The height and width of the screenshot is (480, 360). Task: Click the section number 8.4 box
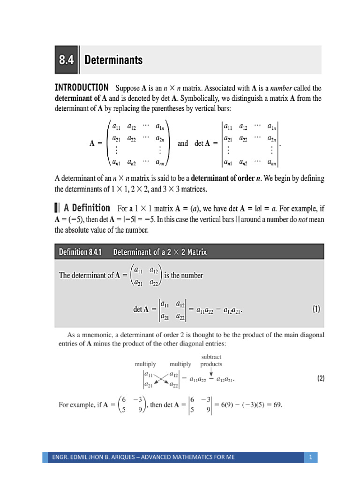tap(67, 60)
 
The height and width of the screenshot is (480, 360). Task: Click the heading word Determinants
tap(113, 60)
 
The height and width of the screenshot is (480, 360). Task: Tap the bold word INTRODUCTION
tap(82, 88)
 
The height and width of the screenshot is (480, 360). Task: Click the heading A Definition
tap(87, 208)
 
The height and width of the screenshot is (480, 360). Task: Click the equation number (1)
tap(316, 309)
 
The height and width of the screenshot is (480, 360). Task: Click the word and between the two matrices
tap(183, 144)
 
